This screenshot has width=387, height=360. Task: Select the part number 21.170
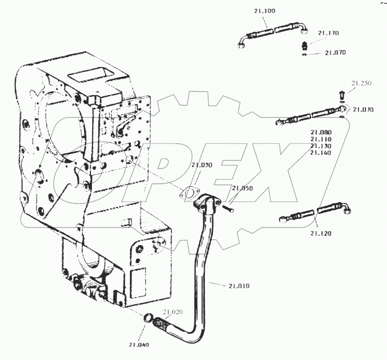[328, 33]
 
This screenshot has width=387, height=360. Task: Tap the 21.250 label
[361, 83]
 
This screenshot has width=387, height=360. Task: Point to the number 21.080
[320, 132]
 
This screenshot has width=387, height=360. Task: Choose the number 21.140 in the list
[320, 153]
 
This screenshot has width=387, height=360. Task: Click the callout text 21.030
[202, 165]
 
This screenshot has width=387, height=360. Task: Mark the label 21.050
[242, 188]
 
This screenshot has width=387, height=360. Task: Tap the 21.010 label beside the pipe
[238, 286]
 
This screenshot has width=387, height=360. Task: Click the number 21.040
[139, 345]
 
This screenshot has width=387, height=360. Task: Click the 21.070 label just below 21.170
[336, 53]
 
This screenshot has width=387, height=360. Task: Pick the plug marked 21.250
[341, 95]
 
